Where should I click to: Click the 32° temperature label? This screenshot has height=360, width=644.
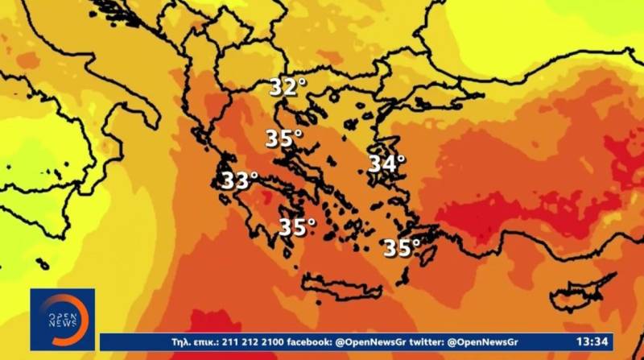[x=287, y=87]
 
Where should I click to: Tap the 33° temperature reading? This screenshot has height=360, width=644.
[x=239, y=180]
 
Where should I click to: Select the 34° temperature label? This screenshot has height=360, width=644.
[x=386, y=163]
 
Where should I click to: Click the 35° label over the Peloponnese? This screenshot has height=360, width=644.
[x=296, y=228]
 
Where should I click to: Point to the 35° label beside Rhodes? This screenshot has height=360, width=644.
[x=401, y=248]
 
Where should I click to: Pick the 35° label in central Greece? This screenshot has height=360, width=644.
[x=283, y=139]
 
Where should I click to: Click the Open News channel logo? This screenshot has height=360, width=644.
[x=63, y=319]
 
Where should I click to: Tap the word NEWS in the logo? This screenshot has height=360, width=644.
[x=63, y=323]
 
